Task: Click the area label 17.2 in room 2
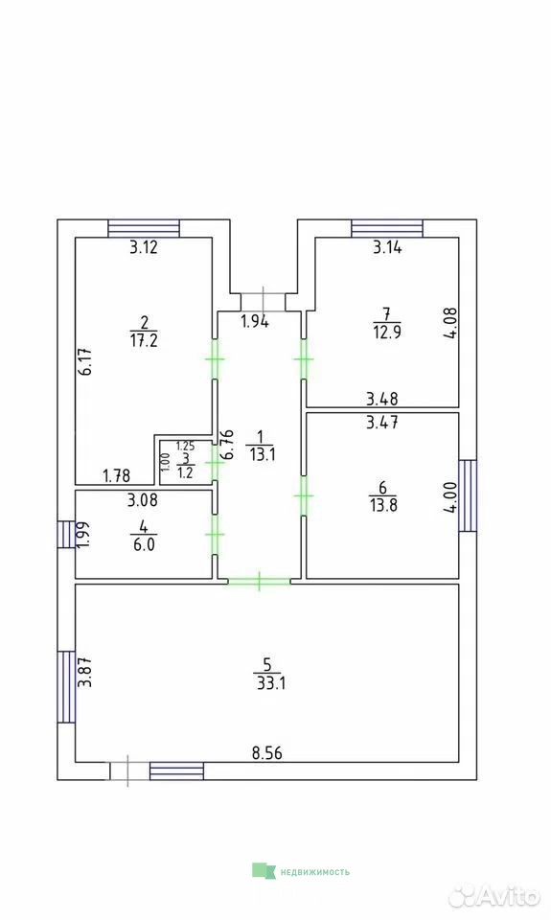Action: (144, 340)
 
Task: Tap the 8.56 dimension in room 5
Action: (267, 753)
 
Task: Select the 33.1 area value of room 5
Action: (271, 683)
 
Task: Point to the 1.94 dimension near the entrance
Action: (255, 321)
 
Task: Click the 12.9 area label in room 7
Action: (387, 333)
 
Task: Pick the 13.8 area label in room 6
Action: (383, 505)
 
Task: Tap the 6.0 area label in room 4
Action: (144, 544)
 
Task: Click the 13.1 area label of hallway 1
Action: (262, 454)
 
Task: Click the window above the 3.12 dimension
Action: (144, 228)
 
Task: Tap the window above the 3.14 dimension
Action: (387, 228)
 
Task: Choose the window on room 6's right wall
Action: (468, 495)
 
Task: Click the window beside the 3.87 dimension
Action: (66, 686)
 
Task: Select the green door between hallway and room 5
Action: (259, 582)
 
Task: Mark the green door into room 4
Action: (215, 535)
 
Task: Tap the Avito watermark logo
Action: (494, 895)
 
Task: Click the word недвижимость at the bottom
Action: (314, 872)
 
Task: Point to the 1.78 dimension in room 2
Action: (116, 475)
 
